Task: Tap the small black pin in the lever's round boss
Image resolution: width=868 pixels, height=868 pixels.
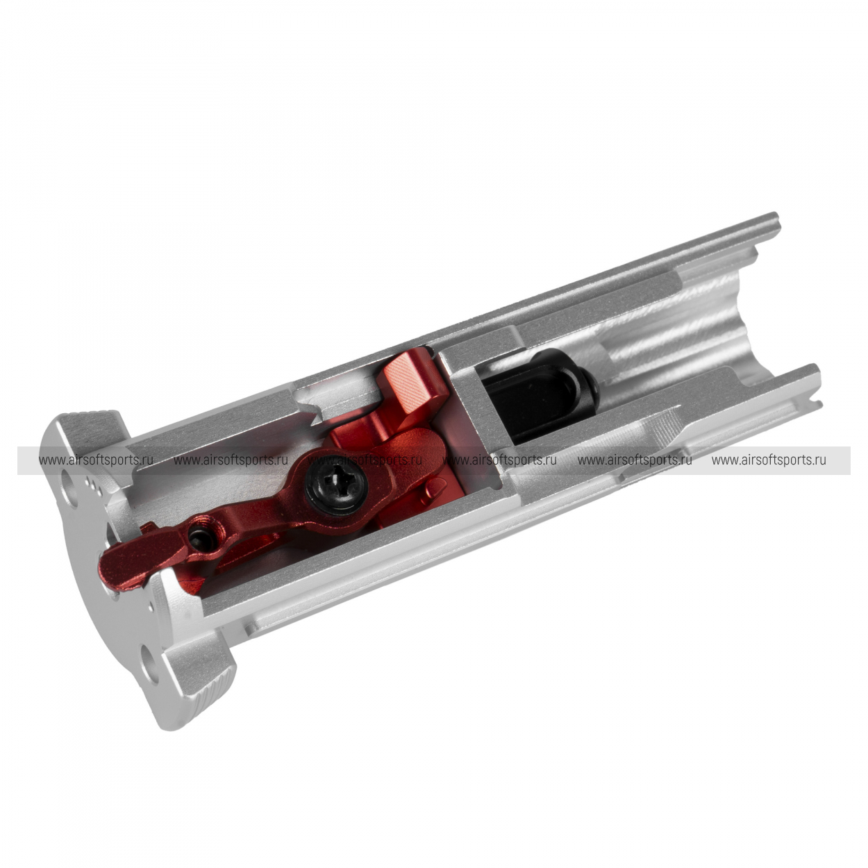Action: tap(197, 540)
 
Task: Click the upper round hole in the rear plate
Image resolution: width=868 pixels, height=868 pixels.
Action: tap(70, 488)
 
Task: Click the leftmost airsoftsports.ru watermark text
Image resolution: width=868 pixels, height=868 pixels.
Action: tap(97, 460)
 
